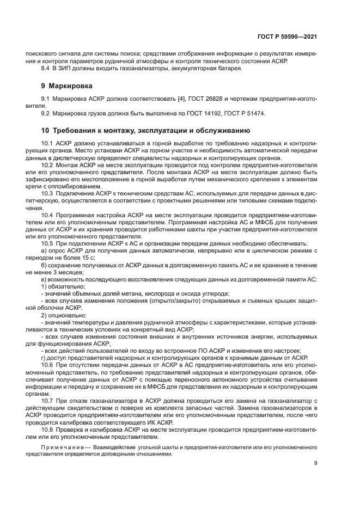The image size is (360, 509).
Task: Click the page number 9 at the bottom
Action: [x=316, y=463]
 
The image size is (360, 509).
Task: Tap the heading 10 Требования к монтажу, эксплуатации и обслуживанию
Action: [x=145, y=131]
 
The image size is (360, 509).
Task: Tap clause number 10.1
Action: [x=48, y=143]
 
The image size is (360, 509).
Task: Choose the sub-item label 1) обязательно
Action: [x=63, y=286]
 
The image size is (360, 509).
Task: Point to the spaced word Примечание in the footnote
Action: [x=65, y=446]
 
